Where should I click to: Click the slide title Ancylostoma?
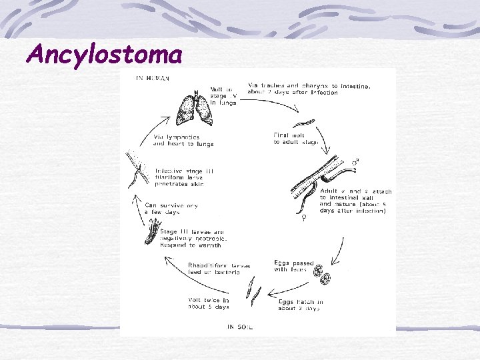103,53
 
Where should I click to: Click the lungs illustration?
195,107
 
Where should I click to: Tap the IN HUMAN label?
153,78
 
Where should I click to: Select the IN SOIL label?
239,327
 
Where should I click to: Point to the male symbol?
355,162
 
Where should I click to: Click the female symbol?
304,217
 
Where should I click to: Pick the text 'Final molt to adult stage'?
295,139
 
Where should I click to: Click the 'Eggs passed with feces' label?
291,265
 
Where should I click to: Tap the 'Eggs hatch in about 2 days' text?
300,305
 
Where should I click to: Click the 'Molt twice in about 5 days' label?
209,303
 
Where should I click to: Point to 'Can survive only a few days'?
171,209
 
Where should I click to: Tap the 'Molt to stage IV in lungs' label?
223,96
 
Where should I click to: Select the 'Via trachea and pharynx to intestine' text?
309,89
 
